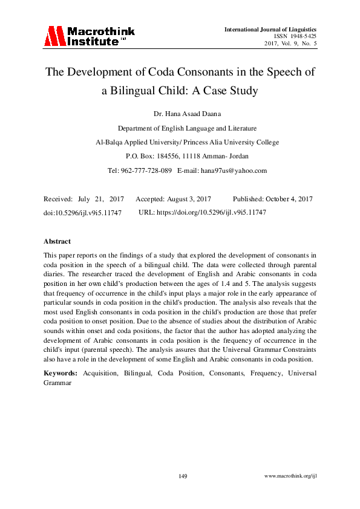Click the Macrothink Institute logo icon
click(x=53, y=36)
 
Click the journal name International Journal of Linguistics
click(x=270, y=29)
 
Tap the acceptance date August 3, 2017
click(x=188, y=198)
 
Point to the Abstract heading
click(x=57, y=241)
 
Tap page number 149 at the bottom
click(x=183, y=476)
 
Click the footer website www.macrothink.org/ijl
click(x=291, y=476)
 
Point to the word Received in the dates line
click(x=58, y=198)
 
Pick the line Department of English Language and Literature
click(x=187, y=128)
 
